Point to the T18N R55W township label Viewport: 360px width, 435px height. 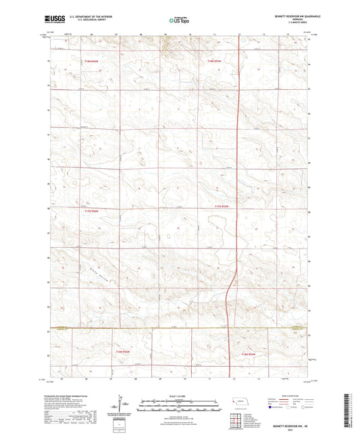pyautogui.click(x=214, y=61)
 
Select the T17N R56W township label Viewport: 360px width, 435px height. pyautogui.click(x=92, y=212)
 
